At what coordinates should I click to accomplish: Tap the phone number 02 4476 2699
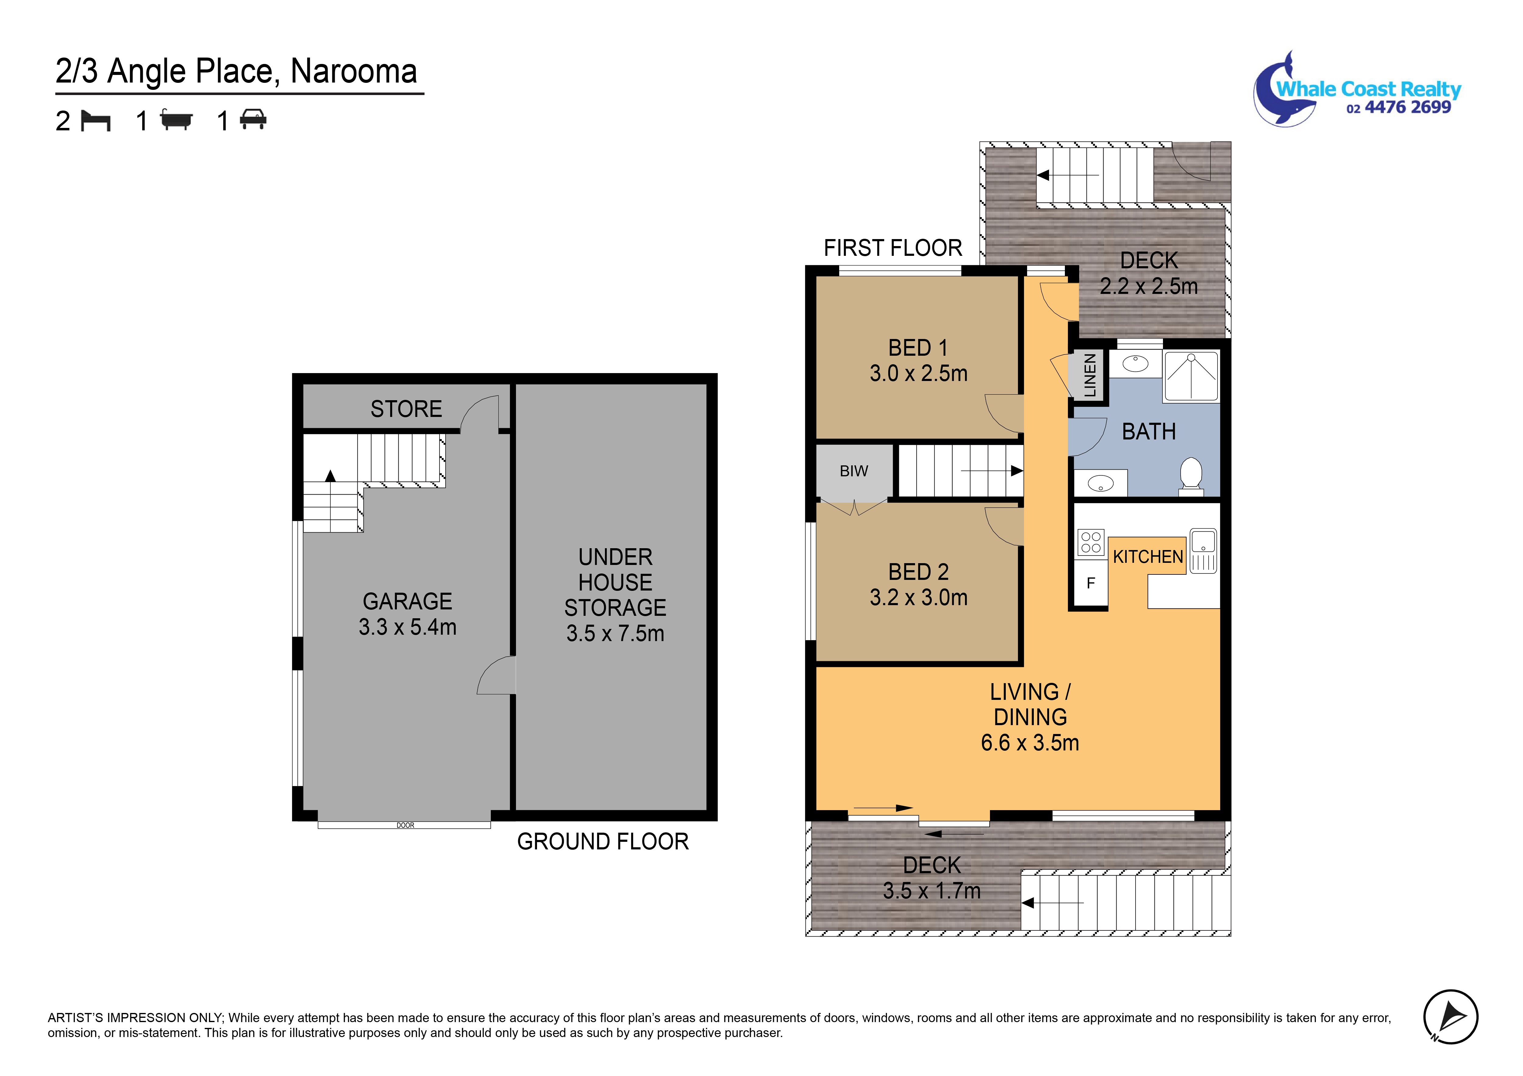[x=1398, y=108]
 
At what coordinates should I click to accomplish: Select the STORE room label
[x=406, y=409]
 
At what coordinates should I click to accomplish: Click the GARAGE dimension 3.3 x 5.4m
[x=407, y=627]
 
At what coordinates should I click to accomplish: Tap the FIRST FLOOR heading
[x=892, y=248]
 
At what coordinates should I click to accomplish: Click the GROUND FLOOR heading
[x=602, y=841]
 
